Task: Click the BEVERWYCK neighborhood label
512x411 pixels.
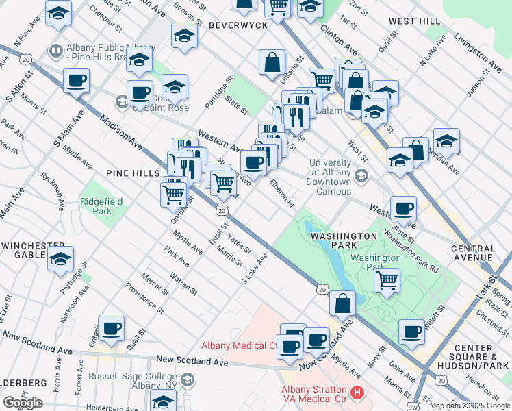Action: tap(237, 25)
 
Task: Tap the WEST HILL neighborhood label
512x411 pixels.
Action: tap(415, 22)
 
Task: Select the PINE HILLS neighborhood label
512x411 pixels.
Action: tap(133, 174)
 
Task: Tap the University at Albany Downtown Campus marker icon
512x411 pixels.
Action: tap(361, 177)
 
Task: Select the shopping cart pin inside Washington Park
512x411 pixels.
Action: tap(387, 280)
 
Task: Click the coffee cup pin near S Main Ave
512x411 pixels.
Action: tap(76, 81)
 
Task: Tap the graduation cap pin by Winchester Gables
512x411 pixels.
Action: tap(60, 260)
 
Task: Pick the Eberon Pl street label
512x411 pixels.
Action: tap(281, 194)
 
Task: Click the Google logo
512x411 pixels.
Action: tap(23, 403)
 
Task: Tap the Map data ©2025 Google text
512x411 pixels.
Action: tap(469, 406)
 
